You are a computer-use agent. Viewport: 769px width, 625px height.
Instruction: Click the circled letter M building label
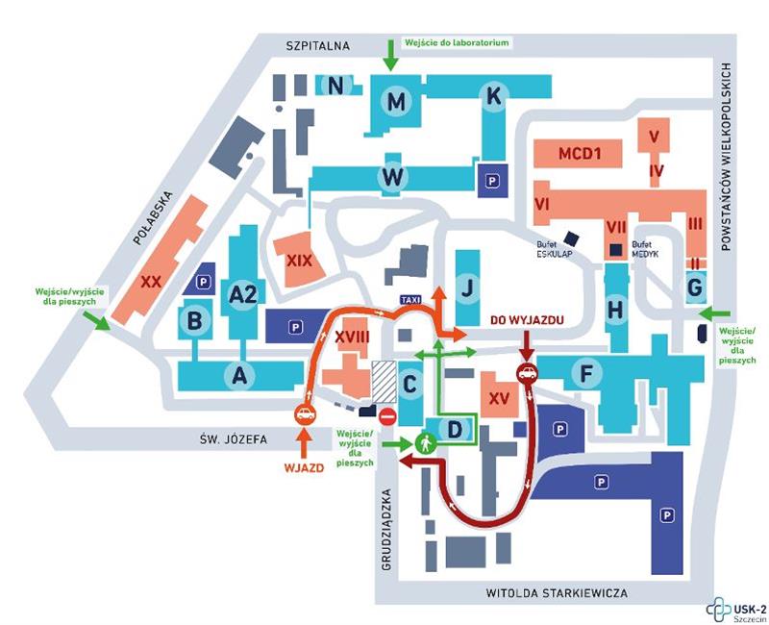[396, 101]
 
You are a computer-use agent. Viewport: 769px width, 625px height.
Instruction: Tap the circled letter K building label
[494, 96]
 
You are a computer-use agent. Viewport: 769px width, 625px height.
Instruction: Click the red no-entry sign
[387, 416]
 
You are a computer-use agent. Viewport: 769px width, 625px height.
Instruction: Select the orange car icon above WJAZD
[304, 415]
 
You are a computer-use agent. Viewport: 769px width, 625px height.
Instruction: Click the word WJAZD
[301, 471]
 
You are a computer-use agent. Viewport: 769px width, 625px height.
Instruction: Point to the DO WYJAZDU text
[525, 319]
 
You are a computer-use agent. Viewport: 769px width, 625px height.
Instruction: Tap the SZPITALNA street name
[320, 45]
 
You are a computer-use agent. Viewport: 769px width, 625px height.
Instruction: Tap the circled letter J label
[467, 287]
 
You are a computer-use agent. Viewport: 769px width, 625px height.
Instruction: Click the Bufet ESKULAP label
[555, 252]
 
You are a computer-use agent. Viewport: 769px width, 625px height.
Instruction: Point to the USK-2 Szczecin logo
[734, 608]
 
